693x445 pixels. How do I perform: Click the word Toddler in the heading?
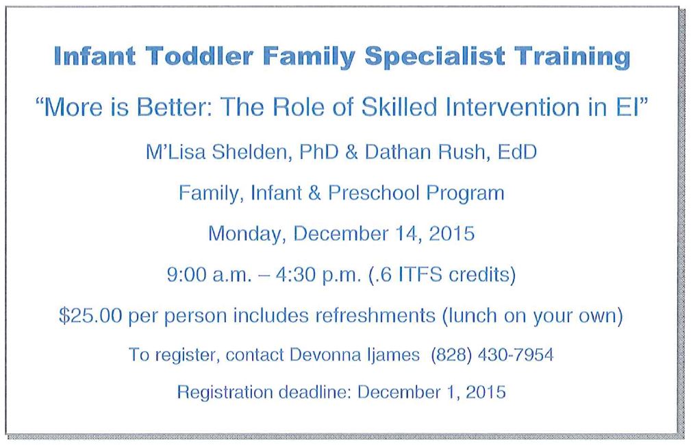click(199, 56)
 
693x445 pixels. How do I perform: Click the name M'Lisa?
click(176, 152)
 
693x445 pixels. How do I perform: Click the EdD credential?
click(517, 152)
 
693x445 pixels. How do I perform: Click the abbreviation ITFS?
click(420, 275)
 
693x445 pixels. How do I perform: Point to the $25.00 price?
click(90, 315)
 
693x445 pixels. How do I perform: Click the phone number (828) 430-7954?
click(492, 354)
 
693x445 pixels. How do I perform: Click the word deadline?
click(315, 392)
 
